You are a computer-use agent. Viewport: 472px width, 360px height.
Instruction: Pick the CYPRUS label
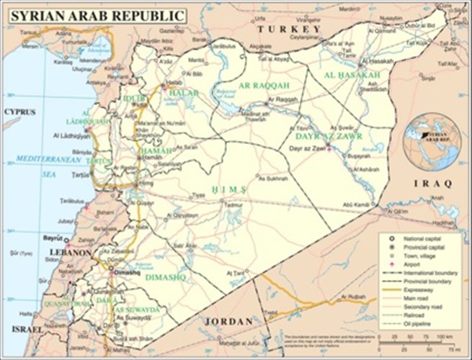[20, 112]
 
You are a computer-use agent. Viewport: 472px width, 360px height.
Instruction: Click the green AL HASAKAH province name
[352, 75]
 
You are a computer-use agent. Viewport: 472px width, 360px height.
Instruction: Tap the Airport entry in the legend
[414, 264]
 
